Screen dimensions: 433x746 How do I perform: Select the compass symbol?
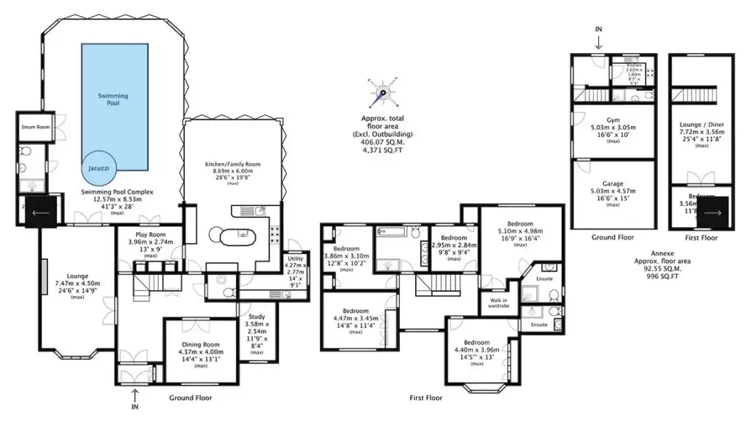click(383, 92)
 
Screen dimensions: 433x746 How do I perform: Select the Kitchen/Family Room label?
click(232, 164)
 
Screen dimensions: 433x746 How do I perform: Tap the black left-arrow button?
click(41, 212)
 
